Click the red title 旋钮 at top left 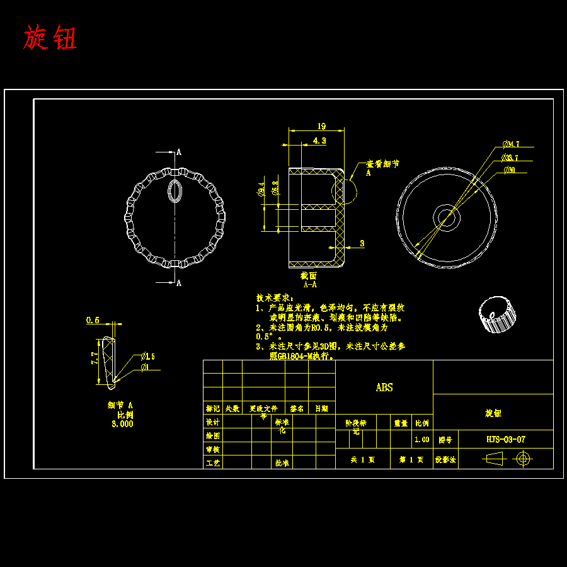tap(50, 38)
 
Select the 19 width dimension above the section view tap(321, 125)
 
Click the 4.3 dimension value tap(319, 141)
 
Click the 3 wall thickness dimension tap(362, 243)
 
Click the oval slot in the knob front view tap(175, 190)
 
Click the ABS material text tap(384, 387)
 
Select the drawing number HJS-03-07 tap(506, 440)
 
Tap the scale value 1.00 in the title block tap(421, 440)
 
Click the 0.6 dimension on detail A tap(93, 320)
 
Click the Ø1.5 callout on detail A tap(148, 356)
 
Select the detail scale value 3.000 tap(122, 424)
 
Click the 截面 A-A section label tap(309, 280)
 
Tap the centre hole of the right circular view tap(446, 219)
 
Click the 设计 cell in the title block tap(213, 422)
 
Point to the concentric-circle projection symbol tap(524, 459)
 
